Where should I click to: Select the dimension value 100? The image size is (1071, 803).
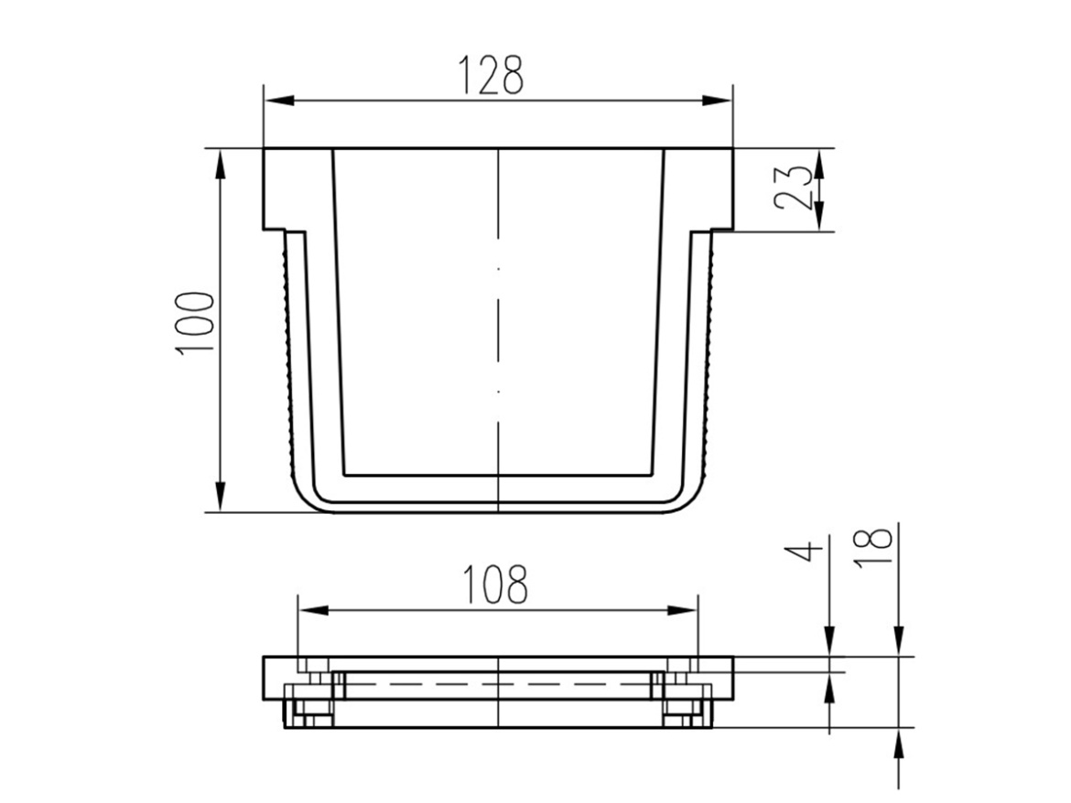click(195, 323)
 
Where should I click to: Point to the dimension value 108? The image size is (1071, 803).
click(495, 584)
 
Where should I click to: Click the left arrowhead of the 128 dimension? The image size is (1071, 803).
click(280, 101)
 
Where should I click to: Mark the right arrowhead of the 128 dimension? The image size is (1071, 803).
click(717, 101)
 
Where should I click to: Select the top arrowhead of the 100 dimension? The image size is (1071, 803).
click(220, 165)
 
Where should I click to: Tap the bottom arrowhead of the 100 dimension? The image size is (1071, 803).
click(220, 496)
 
